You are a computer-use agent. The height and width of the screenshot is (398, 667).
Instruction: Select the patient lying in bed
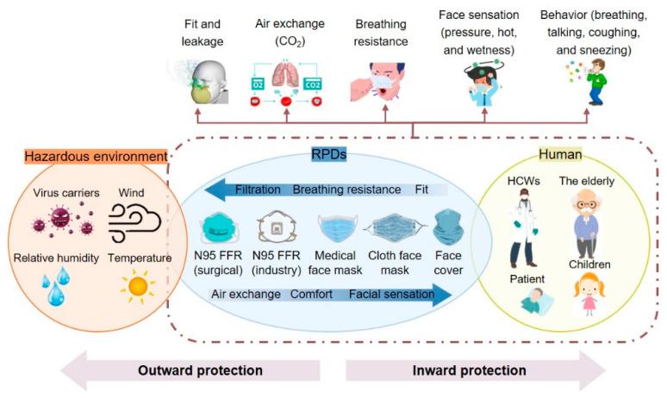pos(532,302)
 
